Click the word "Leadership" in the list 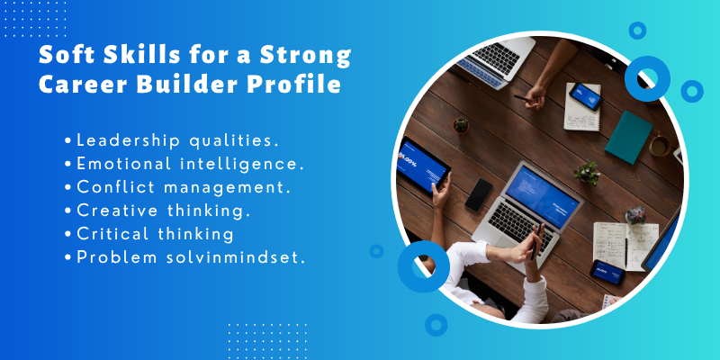[x=126, y=140]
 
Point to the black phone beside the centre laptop [x=478, y=194]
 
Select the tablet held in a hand [x=422, y=167]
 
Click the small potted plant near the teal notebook [x=587, y=171]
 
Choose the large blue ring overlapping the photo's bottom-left [x=423, y=266]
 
